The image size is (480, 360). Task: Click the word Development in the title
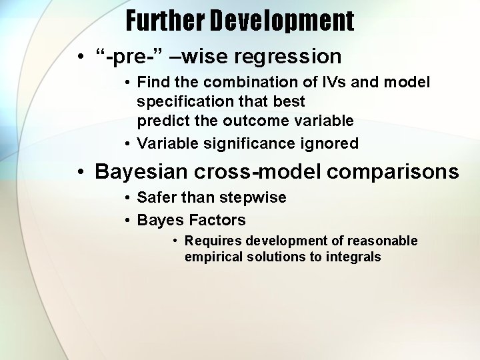coord(283,21)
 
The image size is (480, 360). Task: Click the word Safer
coord(157,198)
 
